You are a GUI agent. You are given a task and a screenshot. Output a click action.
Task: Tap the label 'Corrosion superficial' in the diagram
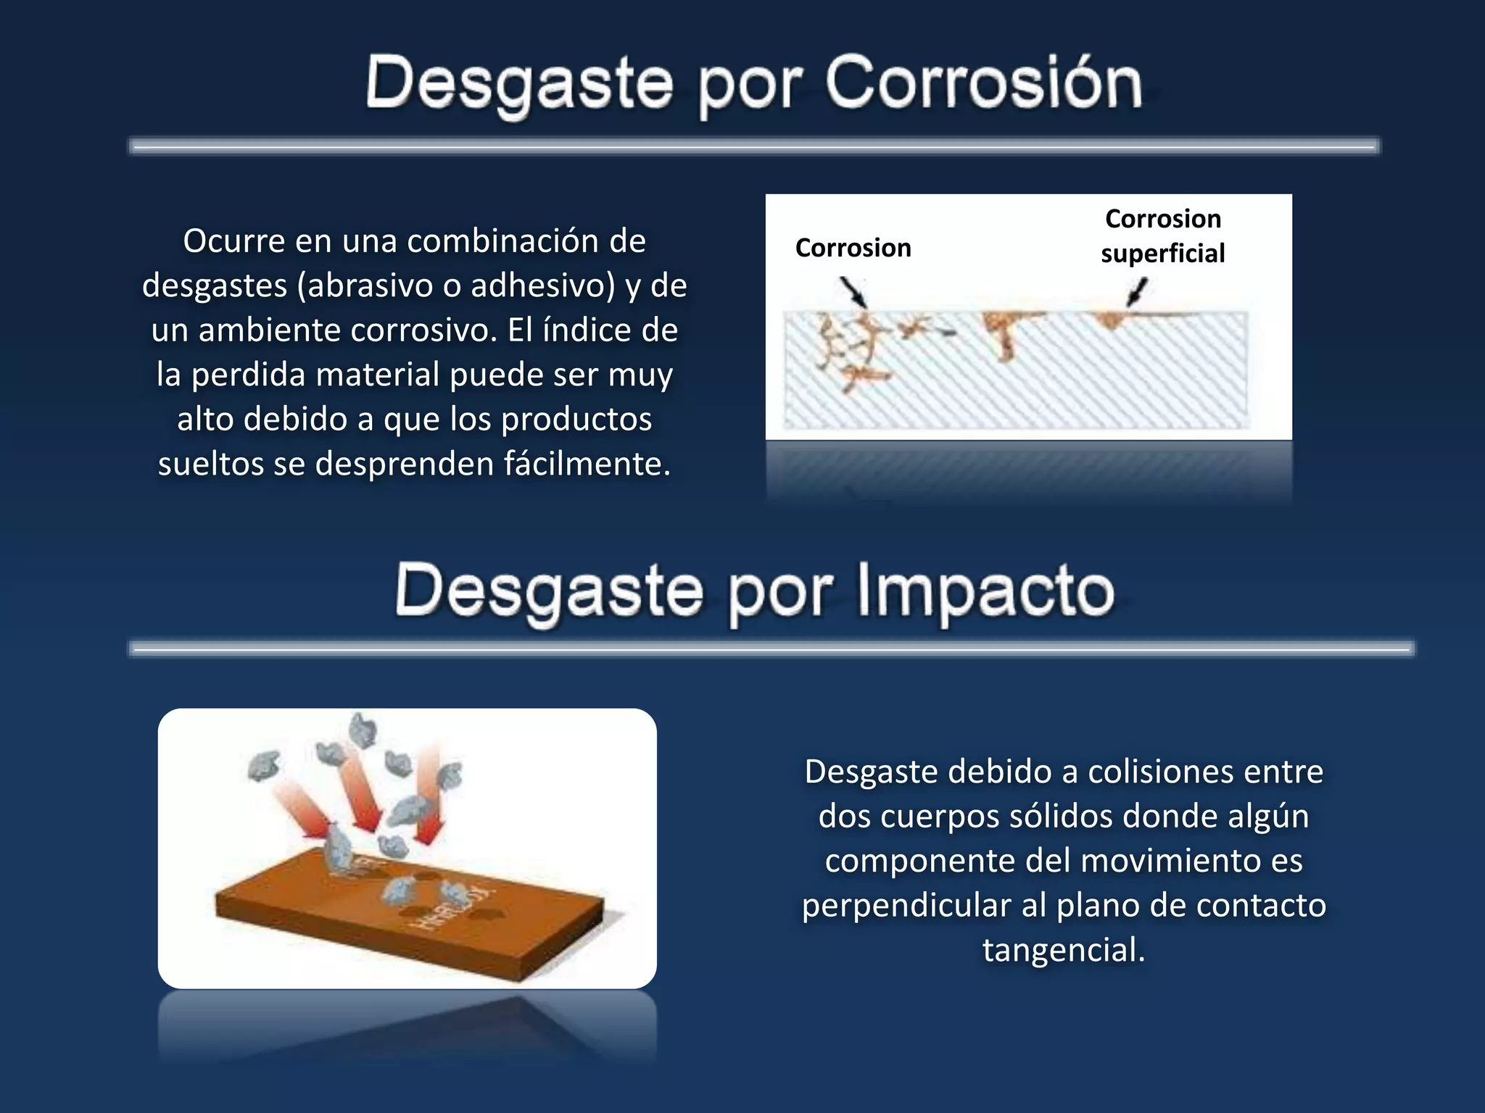pyautogui.click(x=1162, y=236)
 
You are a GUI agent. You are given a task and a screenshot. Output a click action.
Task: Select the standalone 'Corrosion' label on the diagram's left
pyautogui.click(x=853, y=249)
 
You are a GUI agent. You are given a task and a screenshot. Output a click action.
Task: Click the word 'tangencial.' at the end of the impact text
pyautogui.click(x=1063, y=950)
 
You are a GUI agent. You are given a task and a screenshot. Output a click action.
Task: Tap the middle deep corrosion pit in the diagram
pyautogui.click(x=1004, y=333)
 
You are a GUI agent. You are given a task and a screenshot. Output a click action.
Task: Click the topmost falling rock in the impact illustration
pyautogui.click(x=363, y=729)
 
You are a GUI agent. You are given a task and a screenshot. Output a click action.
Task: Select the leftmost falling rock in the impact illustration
pyautogui.click(x=263, y=765)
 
